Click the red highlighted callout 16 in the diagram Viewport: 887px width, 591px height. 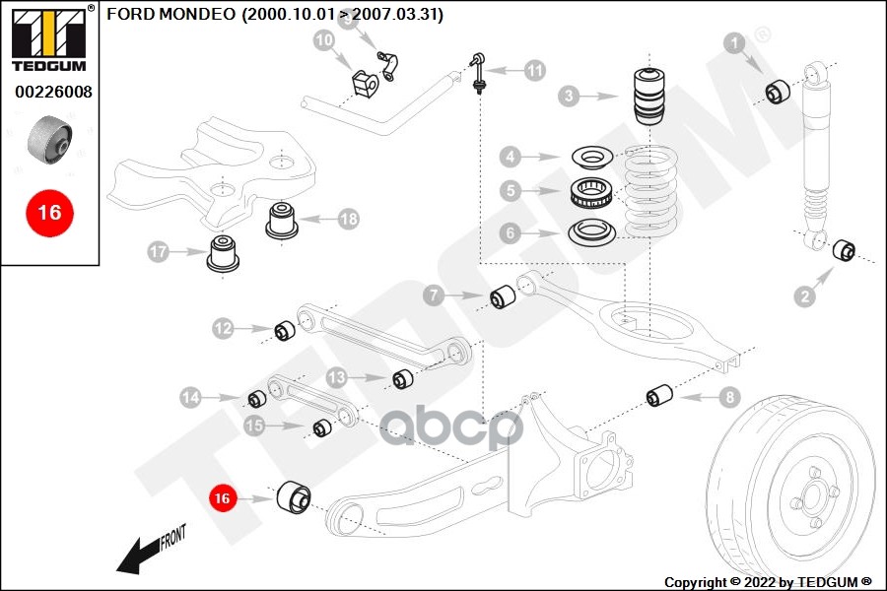[222, 499]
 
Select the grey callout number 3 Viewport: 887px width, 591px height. [568, 97]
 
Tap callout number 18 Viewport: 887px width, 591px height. [348, 219]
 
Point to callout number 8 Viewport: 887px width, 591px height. [727, 397]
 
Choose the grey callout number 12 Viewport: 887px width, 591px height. [224, 328]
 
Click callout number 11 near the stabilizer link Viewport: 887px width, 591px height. [533, 70]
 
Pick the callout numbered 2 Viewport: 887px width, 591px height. [805, 295]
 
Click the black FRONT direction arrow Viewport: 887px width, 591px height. [138, 556]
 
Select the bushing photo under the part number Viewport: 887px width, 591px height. [49, 140]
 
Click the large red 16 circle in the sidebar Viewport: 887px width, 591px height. [48, 212]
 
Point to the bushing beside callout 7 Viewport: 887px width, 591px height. [505, 295]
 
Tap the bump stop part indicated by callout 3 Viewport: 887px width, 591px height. [649, 96]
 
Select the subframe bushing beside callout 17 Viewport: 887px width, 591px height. [224, 256]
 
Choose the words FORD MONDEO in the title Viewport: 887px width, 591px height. [171, 15]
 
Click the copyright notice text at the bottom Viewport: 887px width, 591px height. [768, 581]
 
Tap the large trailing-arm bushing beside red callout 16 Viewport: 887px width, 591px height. [293, 498]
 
